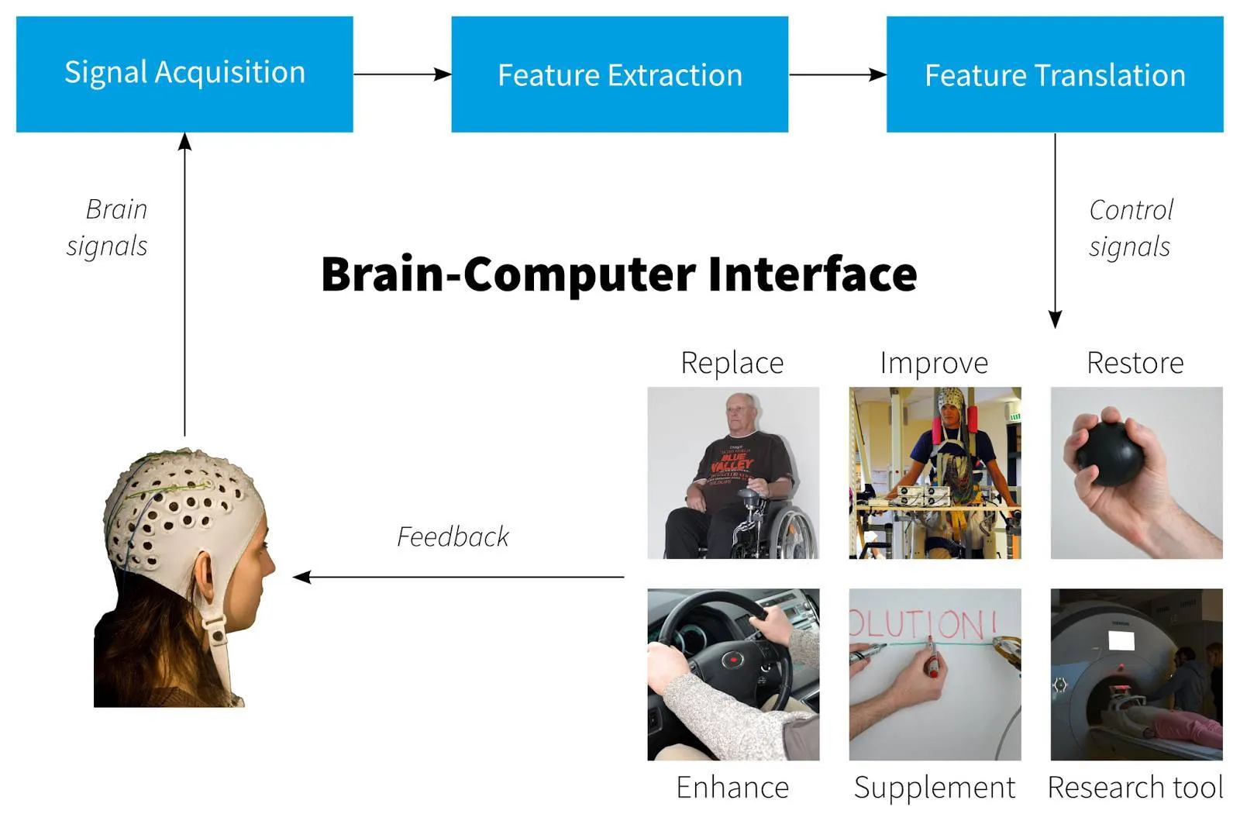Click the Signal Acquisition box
coord(184,74)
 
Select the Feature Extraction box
coord(619,74)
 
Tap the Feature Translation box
coord(1055,74)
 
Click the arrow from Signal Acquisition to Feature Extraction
coord(401,74)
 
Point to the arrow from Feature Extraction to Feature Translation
coord(837,74)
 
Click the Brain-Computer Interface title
coord(618,274)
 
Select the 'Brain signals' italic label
coord(109,227)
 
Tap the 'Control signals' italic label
coord(1131,228)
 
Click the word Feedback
coord(453,536)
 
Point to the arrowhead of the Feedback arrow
coord(301,577)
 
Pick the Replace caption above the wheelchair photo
coord(732,363)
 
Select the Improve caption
coord(934,363)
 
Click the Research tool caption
coord(1135,787)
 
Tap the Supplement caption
coord(934,787)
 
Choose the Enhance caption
coord(732,787)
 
